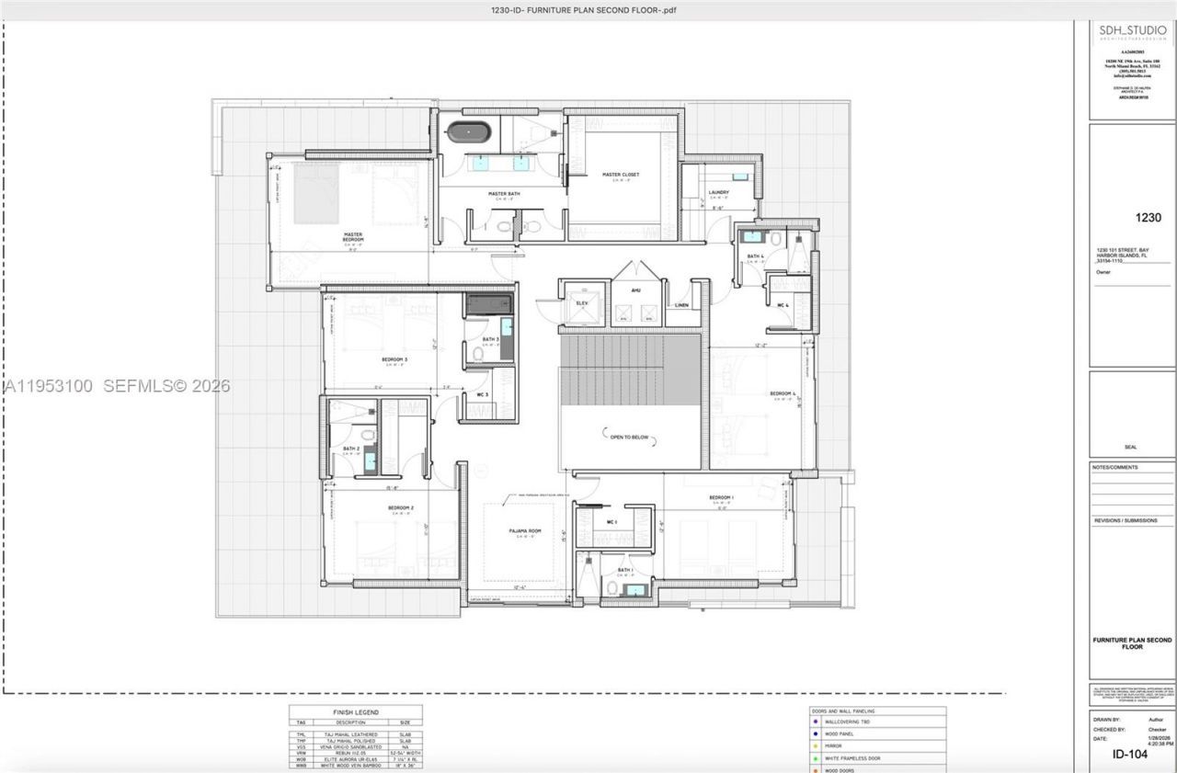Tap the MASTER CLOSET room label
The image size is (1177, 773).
(x=621, y=174)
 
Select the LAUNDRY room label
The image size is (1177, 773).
(x=719, y=192)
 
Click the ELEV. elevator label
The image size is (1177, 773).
(x=582, y=301)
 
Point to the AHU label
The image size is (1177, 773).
(x=635, y=290)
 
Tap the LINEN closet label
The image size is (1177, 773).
(x=681, y=305)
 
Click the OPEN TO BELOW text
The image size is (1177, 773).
(x=629, y=438)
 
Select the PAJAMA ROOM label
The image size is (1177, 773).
(x=525, y=531)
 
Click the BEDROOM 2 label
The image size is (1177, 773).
(x=401, y=507)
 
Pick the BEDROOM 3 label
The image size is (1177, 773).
(x=394, y=359)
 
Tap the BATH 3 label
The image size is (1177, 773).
(x=490, y=339)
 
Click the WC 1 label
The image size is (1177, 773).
(x=611, y=522)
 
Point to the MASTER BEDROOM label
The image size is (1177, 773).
(x=354, y=236)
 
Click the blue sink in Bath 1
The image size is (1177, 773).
(x=634, y=589)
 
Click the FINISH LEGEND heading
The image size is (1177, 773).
(x=355, y=712)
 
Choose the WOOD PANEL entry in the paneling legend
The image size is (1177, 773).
(x=843, y=734)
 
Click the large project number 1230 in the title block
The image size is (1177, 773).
(x=1148, y=219)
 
